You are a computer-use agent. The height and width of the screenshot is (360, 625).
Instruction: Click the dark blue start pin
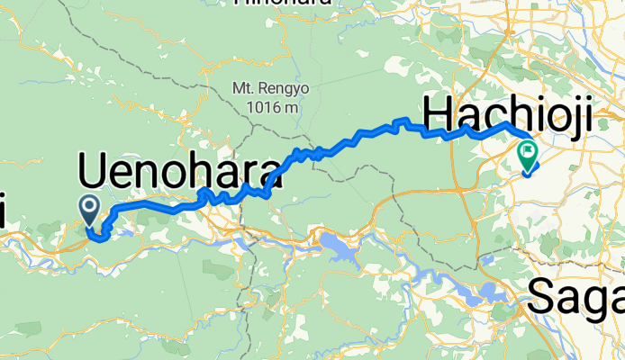click(x=91, y=208)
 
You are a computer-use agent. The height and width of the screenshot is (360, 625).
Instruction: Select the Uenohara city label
click(x=180, y=171)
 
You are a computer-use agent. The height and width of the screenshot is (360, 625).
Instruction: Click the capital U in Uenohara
click(x=93, y=171)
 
